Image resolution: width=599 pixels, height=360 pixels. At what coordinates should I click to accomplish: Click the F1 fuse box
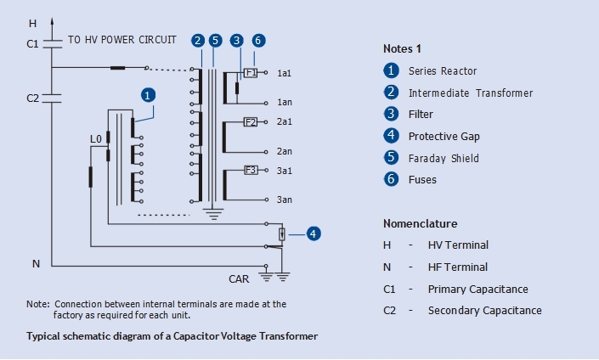point(251,73)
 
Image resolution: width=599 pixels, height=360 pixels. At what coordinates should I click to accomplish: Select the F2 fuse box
point(251,122)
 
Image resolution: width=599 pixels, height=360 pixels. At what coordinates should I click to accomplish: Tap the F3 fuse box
point(251,170)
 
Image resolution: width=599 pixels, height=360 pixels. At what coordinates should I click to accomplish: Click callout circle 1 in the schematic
point(149,95)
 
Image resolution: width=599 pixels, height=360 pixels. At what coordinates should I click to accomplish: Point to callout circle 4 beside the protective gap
point(314,233)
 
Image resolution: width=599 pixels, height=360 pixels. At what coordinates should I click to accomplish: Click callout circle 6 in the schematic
point(259,40)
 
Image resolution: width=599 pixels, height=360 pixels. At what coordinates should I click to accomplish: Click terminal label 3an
point(285,200)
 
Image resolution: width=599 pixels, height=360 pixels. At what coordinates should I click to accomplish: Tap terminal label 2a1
point(285,122)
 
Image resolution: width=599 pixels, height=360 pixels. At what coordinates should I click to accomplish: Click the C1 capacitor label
point(33,43)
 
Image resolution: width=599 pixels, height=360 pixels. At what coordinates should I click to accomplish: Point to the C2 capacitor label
point(33,98)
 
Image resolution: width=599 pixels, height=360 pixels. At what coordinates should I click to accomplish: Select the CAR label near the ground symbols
point(239,278)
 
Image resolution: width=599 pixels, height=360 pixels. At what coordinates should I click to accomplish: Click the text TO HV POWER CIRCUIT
point(122,40)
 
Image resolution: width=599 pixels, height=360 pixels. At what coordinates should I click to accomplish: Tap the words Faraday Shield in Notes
point(444,158)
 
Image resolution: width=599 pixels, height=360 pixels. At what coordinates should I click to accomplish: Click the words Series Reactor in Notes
point(443,71)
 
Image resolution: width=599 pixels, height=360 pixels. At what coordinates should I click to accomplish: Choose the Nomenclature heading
point(420,224)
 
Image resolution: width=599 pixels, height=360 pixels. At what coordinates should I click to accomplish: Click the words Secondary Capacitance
point(484,310)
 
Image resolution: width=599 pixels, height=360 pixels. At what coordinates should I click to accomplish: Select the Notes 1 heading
point(403,48)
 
